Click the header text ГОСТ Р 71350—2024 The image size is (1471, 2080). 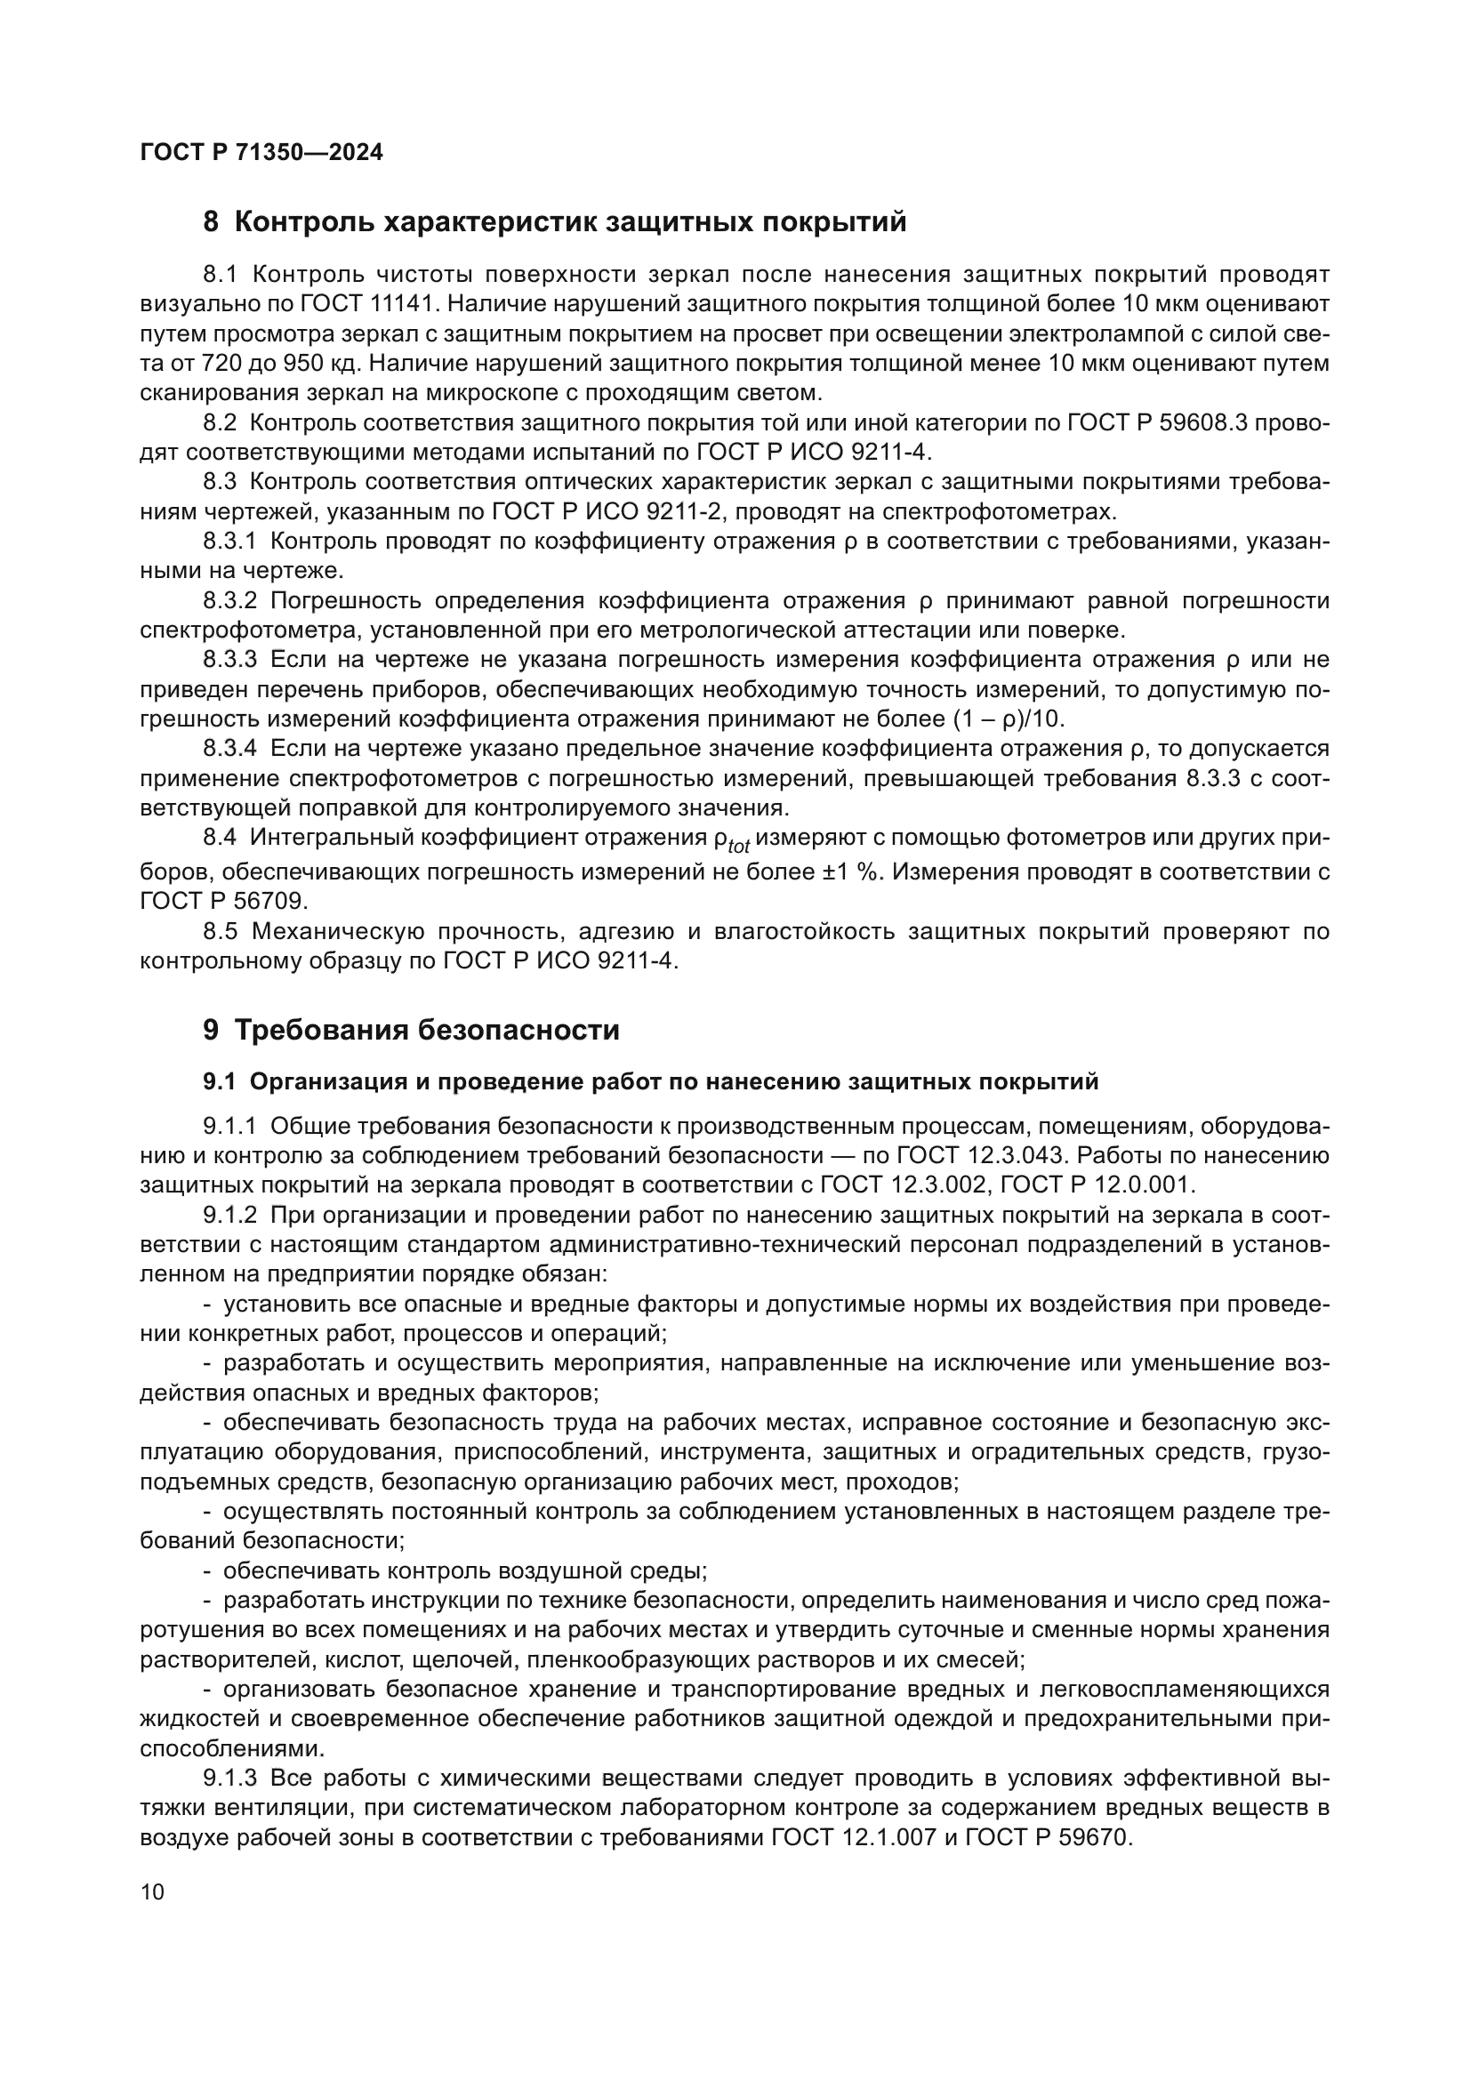coord(261,152)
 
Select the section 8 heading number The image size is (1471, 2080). coord(211,222)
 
